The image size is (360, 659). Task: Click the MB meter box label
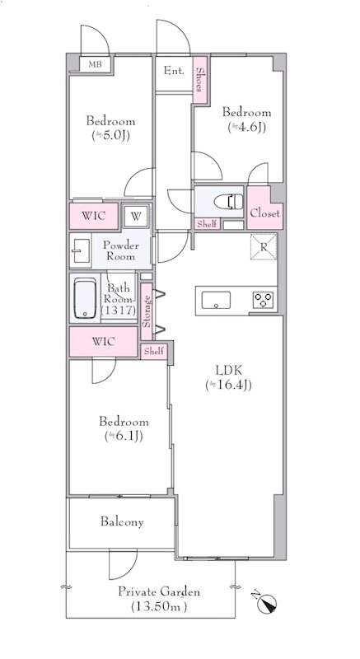pyautogui.click(x=95, y=65)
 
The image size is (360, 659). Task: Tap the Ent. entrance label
pyautogui.click(x=174, y=71)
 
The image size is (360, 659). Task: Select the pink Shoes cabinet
pyautogui.click(x=200, y=79)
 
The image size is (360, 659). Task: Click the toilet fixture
pyautogui.click(x=228, y=202)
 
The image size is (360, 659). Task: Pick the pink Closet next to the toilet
pyautogui.click(x=264, y=208)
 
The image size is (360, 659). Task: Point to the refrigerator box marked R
pyautogui.click(x=264, y=246)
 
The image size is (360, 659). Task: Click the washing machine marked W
pyautogui.click(x=135, y=216)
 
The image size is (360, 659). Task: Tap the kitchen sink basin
pyautogui.click(x=216, y=300)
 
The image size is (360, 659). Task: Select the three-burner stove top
pyautogui.click(x=264, y=300)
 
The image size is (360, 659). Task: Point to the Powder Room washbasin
pyautogui.click(x=80, y=251)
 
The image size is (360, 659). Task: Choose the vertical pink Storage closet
pyautogui.click(x=146, y=311)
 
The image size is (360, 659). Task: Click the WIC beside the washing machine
pyautogui.click(x=94, y=217)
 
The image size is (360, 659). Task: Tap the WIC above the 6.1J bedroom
pyautogui.click(x=103, y=342)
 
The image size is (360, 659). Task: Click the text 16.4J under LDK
pyautogui.click(x=229, y=385)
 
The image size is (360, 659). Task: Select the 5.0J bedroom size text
pyautogui.click(x=111, y=135)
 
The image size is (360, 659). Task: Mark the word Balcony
pyautogui.click(x=122, y=521)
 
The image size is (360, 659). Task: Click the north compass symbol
pyautogui.click(x=265, y=602)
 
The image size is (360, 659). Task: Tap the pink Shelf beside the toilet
pyautogui.click(x=207, y=224)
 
